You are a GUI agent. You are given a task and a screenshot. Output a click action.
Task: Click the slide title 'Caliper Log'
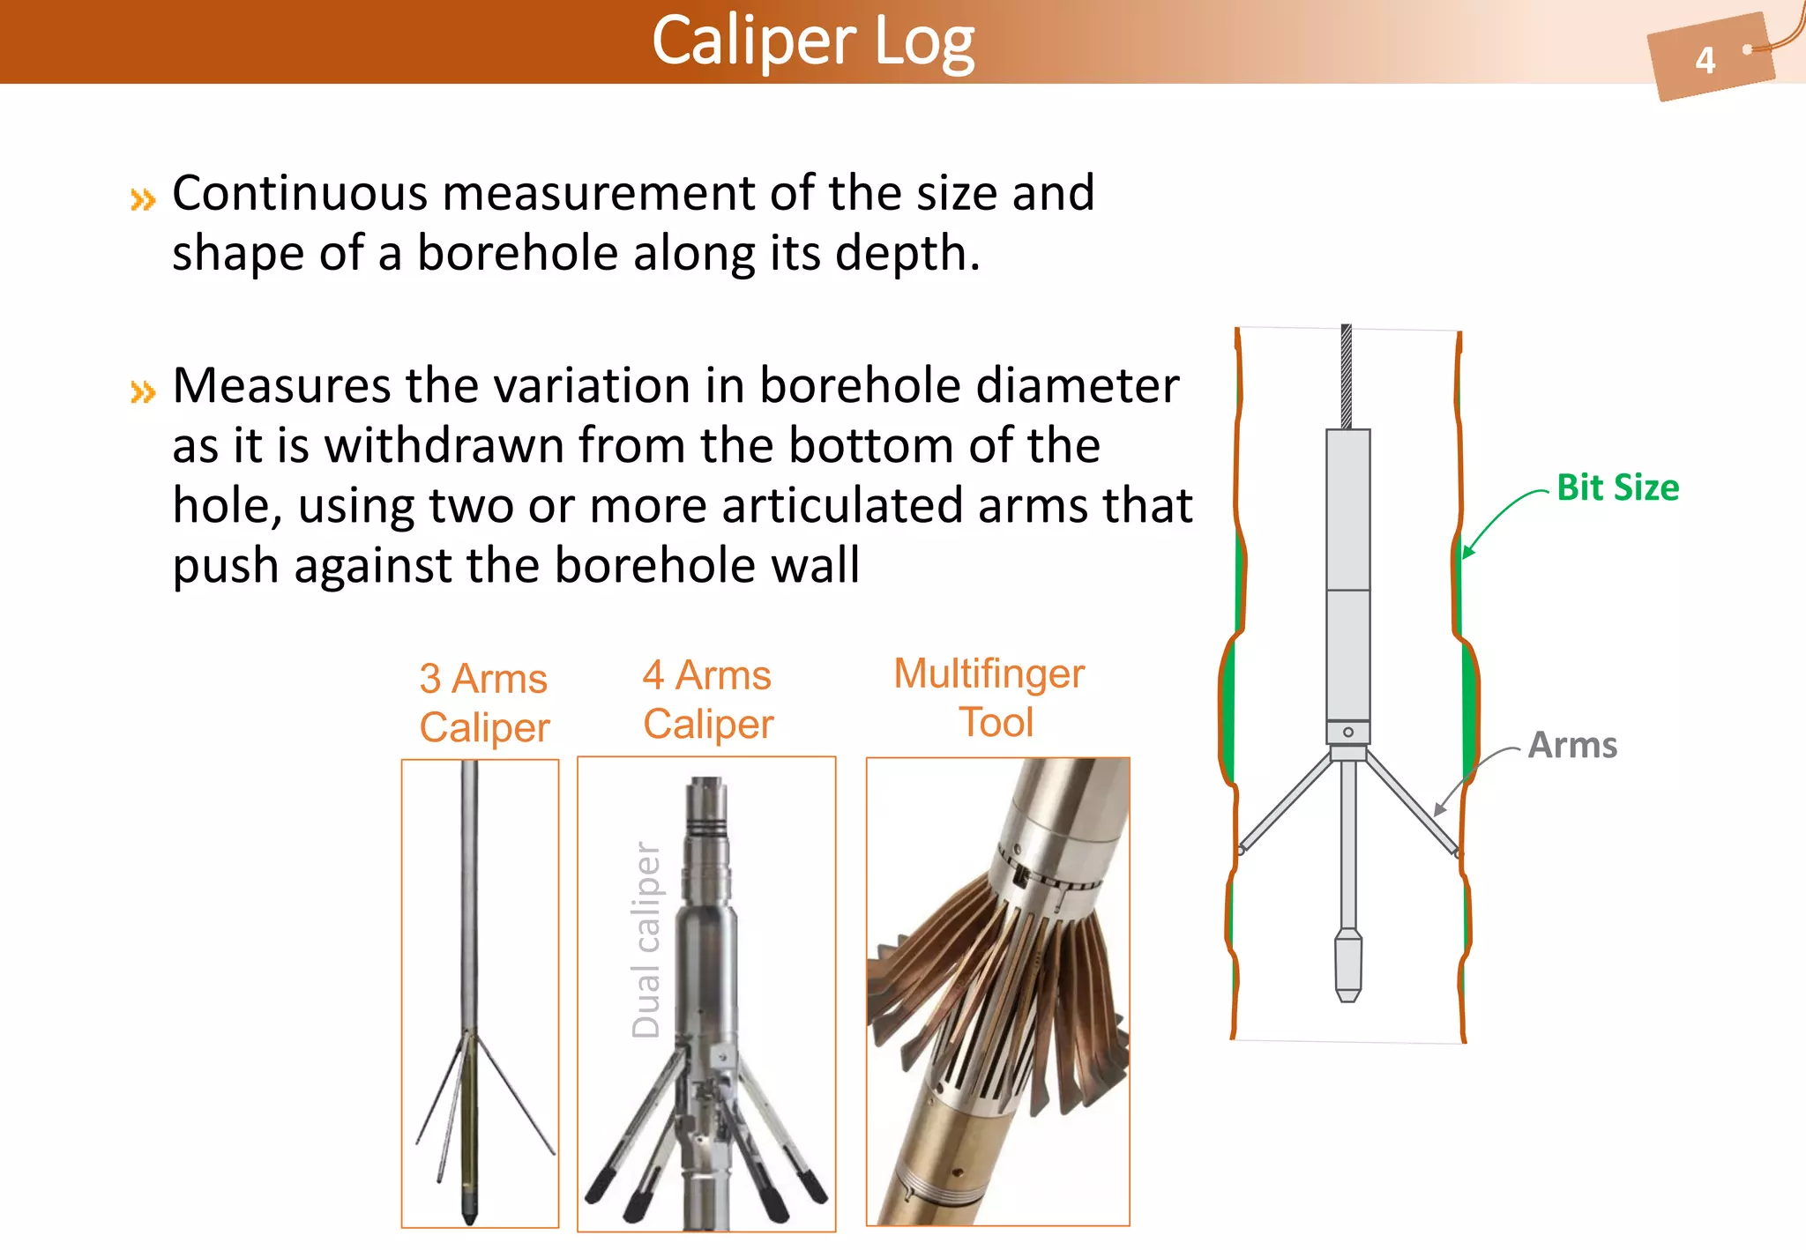[813, 41]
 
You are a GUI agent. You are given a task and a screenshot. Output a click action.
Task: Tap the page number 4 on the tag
[1705, 61]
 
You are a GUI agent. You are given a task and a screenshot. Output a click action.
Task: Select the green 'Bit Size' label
[1617, 487]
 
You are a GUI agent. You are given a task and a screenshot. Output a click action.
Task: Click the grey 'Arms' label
[1572, 745]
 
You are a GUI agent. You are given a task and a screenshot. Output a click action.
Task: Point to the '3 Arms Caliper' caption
[484, 703]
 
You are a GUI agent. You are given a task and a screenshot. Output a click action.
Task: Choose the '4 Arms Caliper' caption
[707, 699]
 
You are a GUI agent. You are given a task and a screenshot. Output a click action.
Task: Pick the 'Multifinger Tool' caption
[990, 697]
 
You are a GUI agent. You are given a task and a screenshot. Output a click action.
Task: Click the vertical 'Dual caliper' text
[646, 940]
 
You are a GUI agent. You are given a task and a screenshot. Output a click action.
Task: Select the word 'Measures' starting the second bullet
[282, 385]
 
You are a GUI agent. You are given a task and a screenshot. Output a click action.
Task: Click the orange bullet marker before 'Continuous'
[143, 200]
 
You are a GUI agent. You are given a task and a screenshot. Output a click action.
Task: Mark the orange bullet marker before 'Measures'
[143, 391]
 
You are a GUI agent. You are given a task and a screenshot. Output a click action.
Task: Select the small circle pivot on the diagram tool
[1348, 732]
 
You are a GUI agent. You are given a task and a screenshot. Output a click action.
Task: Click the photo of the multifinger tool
[997, 991]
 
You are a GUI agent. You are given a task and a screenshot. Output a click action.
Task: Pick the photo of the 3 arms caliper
[480, 993]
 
